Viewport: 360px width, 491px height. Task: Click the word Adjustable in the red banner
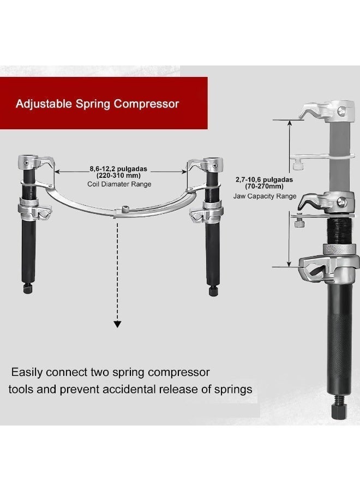click(x=44, y=104)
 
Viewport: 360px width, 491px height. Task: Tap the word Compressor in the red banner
click(x=146, y=104)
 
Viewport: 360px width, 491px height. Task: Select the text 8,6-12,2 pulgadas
click(x=118, y=169)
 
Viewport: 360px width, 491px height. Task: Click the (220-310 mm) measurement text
click(x=118, y=175)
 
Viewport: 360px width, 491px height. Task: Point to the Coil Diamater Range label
click(x=119, y=184)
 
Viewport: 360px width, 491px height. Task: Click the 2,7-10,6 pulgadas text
click(x=264, y=179)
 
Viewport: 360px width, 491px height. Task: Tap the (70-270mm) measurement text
click(x=264, y=187)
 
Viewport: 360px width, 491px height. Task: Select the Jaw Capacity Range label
click(x=265, y=196)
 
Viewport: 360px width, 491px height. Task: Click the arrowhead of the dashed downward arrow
click(x=117, y=324)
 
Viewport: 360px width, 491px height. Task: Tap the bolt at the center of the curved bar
click(x=126, y=209)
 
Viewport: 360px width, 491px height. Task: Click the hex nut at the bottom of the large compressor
click(x=340, y=411)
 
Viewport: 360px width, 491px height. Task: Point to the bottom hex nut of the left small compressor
click(x=28, y=288)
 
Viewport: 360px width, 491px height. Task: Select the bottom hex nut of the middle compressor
click(x=213, y=291)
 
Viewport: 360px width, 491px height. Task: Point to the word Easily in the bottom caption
click(x=27, y=373)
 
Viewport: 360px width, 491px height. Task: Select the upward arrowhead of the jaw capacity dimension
click(x=290, y=123)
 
